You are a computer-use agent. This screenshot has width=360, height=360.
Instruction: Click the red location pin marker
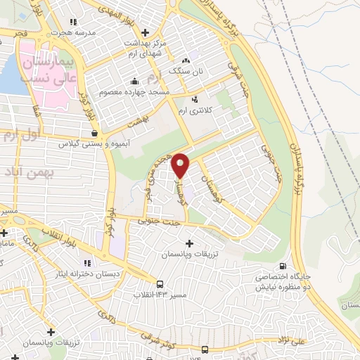(x=181, y=165)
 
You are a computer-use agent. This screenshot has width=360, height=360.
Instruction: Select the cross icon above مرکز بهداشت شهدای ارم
(x=146, y=32)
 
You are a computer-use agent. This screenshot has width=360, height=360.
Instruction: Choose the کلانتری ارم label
(x=216, y=110)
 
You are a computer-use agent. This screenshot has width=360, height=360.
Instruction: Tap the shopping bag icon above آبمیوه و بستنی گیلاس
(x=94, y=131)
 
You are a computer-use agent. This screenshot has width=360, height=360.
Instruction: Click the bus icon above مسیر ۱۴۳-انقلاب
(x=161, y=285)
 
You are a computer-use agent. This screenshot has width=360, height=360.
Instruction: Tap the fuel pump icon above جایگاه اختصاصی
(x=283, y=266)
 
